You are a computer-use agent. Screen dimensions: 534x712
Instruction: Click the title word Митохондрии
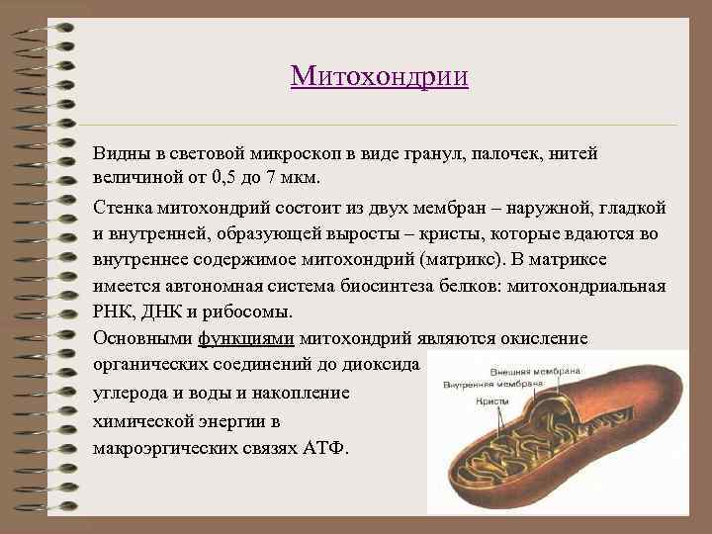point(380,76)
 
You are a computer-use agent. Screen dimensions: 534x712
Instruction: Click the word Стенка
point(123,208)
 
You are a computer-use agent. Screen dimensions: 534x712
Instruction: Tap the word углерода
point(133,392)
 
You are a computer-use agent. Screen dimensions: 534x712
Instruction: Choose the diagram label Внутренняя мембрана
point(493,383)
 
